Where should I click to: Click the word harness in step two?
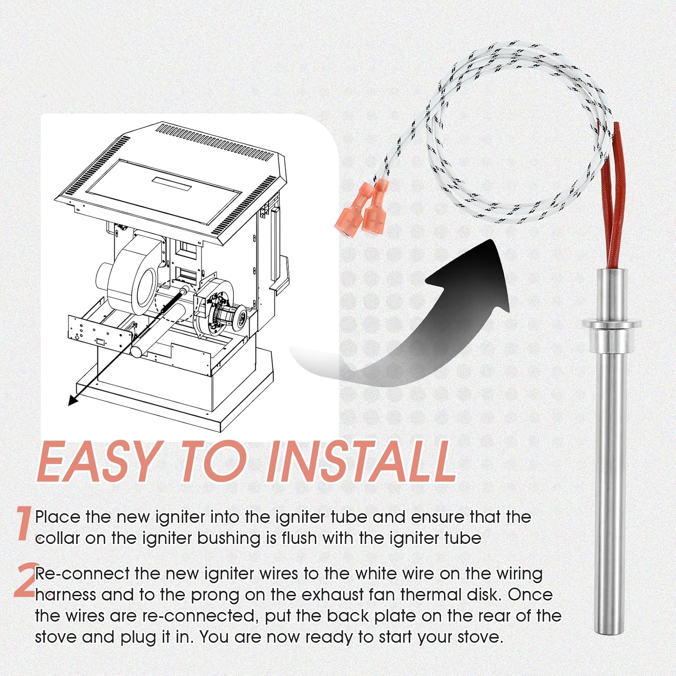[x=65, y=595]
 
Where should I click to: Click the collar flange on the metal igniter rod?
[x=611, y=324]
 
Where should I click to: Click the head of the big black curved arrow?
[x=478, y=270]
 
